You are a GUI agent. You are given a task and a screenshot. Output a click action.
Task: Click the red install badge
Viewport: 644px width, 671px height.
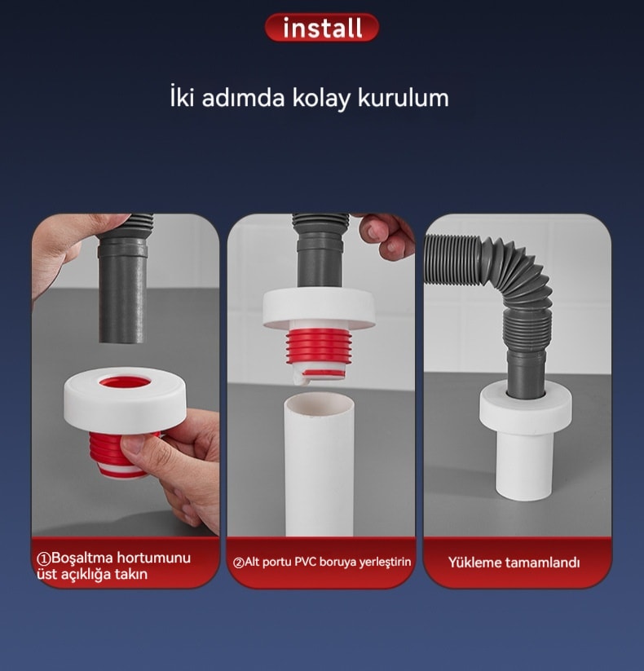coord(322,28)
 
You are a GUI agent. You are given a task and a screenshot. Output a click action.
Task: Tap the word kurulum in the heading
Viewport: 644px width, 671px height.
coord(403,98)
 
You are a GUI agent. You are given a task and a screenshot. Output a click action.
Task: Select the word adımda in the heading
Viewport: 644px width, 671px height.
coord(243,98)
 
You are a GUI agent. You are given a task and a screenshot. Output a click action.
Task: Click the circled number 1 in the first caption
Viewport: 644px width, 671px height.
coord(44,558)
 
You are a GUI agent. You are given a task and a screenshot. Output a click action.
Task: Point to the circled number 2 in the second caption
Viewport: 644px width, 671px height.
coord(238,563)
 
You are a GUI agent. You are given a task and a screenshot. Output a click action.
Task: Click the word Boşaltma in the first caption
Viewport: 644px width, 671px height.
coord(82,558)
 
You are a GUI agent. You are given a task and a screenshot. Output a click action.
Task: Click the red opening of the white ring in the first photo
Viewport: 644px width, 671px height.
coord(125,382)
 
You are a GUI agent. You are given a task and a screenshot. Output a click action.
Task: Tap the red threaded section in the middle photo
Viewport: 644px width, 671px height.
coord(320,346)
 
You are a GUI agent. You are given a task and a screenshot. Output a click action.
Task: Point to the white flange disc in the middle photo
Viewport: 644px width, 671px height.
coord(319,308)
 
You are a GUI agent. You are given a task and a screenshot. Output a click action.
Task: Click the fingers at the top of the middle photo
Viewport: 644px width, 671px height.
coord(384,236)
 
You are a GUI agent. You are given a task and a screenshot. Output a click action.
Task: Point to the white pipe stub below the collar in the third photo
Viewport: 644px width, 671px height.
coord(525,466)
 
